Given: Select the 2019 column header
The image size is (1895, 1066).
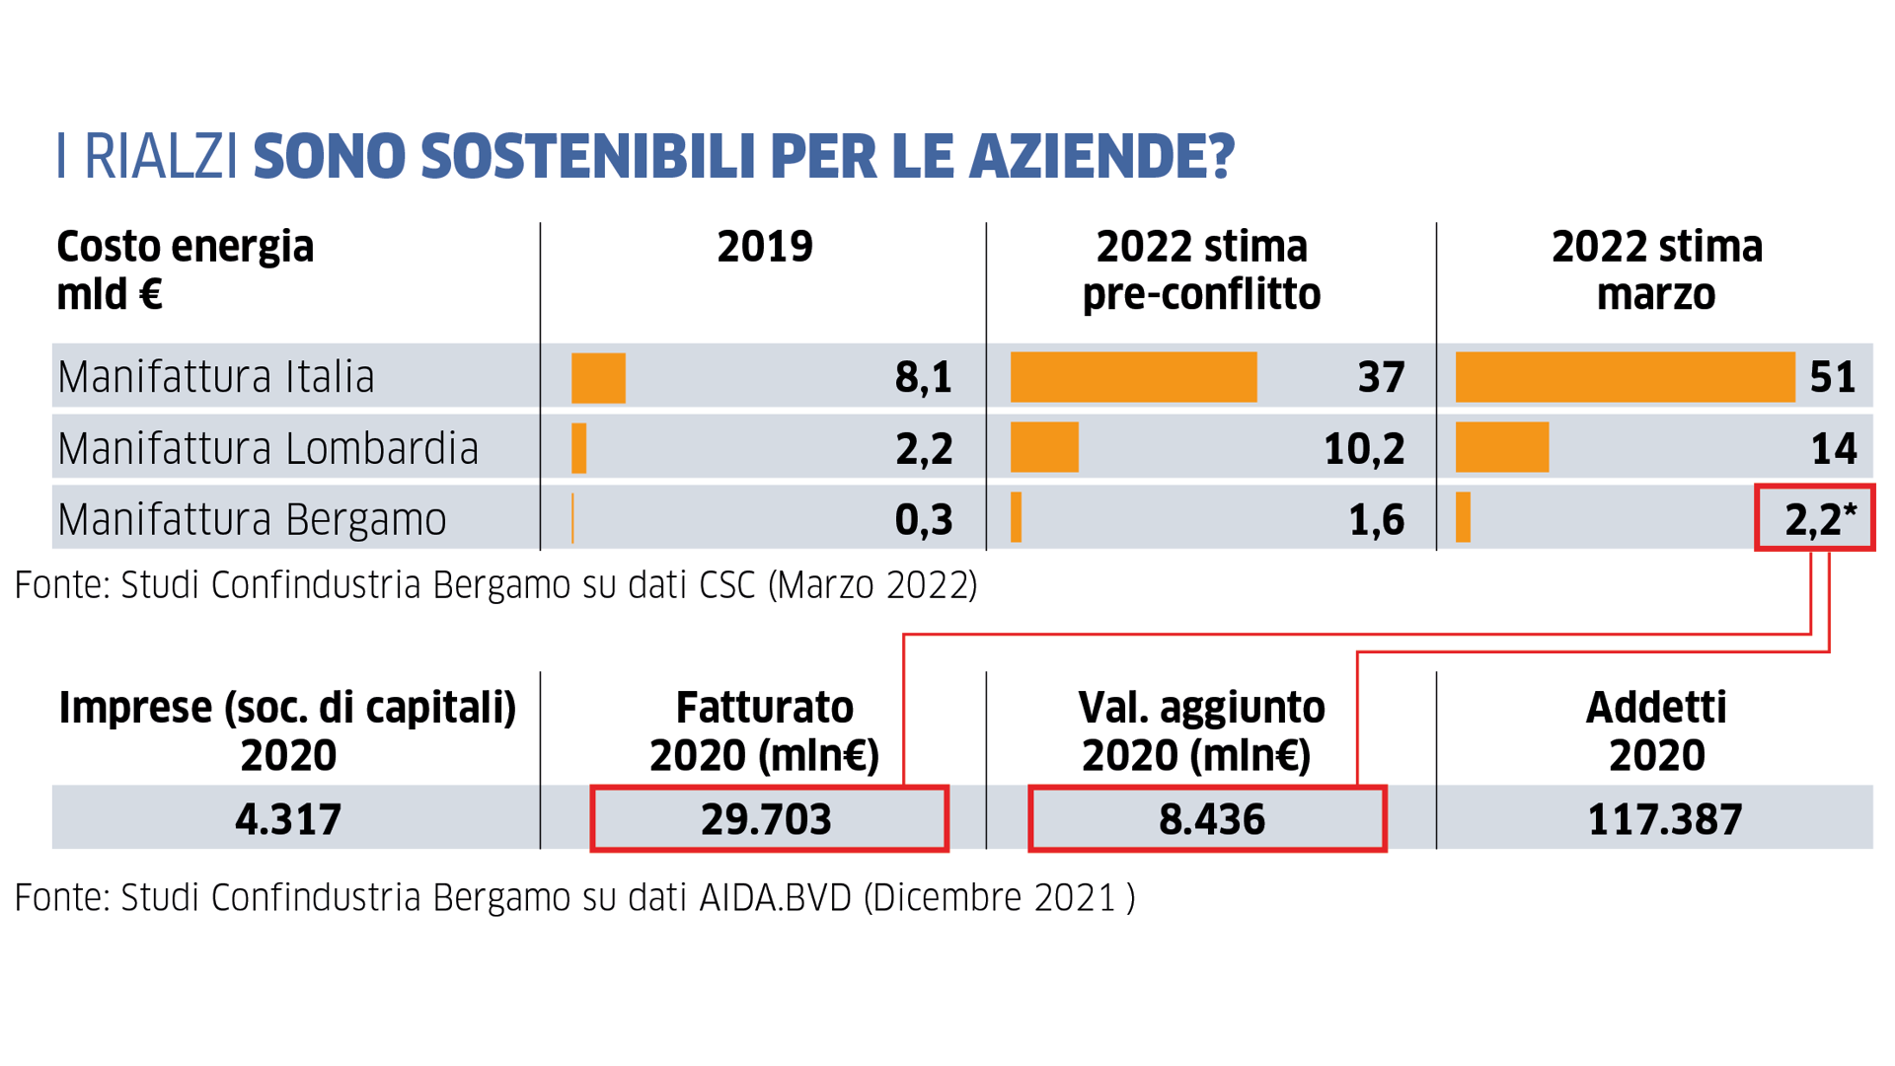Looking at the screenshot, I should [x=765, y=247].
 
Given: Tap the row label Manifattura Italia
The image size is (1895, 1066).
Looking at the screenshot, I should [x=216, y=377].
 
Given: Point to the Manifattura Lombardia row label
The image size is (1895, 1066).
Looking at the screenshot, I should [x=267, y=449].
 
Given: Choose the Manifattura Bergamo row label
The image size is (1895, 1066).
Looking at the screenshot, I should [x=252, y=520].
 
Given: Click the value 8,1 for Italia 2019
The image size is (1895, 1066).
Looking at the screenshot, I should [x=923, y=377].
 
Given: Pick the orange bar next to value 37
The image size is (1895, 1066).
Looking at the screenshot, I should [x=1133, y=377].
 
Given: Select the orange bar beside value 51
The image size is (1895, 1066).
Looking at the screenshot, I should [x=1625, y=377].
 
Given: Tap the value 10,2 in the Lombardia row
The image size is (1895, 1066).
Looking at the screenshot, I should [x=1363, y=449].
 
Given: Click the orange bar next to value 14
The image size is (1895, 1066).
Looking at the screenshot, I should [x=1501, y=448].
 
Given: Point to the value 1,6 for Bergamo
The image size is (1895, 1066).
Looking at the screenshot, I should [x=1376, y=520].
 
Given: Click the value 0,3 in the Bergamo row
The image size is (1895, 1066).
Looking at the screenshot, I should [x=923, y=520].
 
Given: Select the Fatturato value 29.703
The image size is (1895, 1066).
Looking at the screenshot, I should [x=766, y=819].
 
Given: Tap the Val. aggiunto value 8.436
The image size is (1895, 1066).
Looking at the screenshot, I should [x=1211, y=819].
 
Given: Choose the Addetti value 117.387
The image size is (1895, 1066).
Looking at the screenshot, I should [x=1664, y=819].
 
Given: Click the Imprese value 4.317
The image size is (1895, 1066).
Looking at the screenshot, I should [x=288, y=819].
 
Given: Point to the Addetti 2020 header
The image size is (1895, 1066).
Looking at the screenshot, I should [x=1656, y=731].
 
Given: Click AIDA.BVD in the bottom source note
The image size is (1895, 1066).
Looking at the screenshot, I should [x=775, y=898].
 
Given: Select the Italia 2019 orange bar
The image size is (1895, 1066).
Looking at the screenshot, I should [x=598, y=378].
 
